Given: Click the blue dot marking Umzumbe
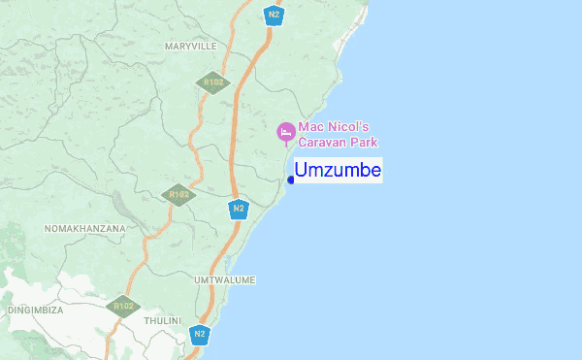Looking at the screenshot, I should coord(291,179).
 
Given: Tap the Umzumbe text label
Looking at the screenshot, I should coord(339,170).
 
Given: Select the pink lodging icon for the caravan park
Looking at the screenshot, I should coord(285,132).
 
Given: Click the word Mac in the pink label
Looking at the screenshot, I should coord(310,126).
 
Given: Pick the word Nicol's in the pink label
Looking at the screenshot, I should coord(347,126).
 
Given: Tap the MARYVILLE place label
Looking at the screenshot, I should coord(189,47).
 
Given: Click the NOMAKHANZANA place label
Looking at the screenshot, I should coord(85,228).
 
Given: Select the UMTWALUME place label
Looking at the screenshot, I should coord(224,280).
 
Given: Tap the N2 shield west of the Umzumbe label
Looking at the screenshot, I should coord(239,209).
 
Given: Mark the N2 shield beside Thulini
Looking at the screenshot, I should coord(200,335).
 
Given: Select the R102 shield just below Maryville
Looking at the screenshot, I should coord(211,82).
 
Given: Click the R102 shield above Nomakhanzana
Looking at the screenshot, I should coord(178,195).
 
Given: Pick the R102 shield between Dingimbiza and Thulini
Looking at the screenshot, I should coord(123,307).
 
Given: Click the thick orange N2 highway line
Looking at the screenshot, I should coord(234,146).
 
